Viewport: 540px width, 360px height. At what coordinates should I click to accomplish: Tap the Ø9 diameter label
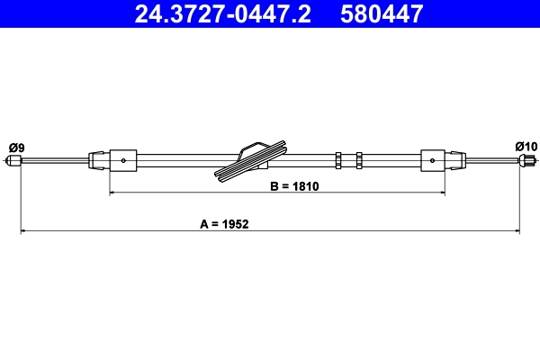click(x=15, y=147)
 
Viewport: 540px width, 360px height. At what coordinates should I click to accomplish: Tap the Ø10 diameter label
click(x=526, y=147)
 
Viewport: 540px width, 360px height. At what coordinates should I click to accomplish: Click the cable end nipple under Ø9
click(x=13, y=162)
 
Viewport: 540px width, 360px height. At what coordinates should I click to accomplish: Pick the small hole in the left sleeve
click(x=123, y=162)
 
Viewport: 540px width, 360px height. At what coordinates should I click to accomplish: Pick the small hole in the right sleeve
click(x=434, y=162)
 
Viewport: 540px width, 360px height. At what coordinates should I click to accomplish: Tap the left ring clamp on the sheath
click(x=337, y=161)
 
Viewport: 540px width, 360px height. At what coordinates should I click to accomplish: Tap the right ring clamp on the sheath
click(x=359, y=161)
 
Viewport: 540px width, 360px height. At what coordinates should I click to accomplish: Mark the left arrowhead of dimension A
click(x=23, y=231)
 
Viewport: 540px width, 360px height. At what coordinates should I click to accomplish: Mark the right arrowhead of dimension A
click(x=517, y=231)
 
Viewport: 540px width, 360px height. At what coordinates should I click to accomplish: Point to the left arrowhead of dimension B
click(x=112, y=193)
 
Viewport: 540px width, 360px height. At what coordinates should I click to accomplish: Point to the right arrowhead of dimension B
click(x=444, y=193)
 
